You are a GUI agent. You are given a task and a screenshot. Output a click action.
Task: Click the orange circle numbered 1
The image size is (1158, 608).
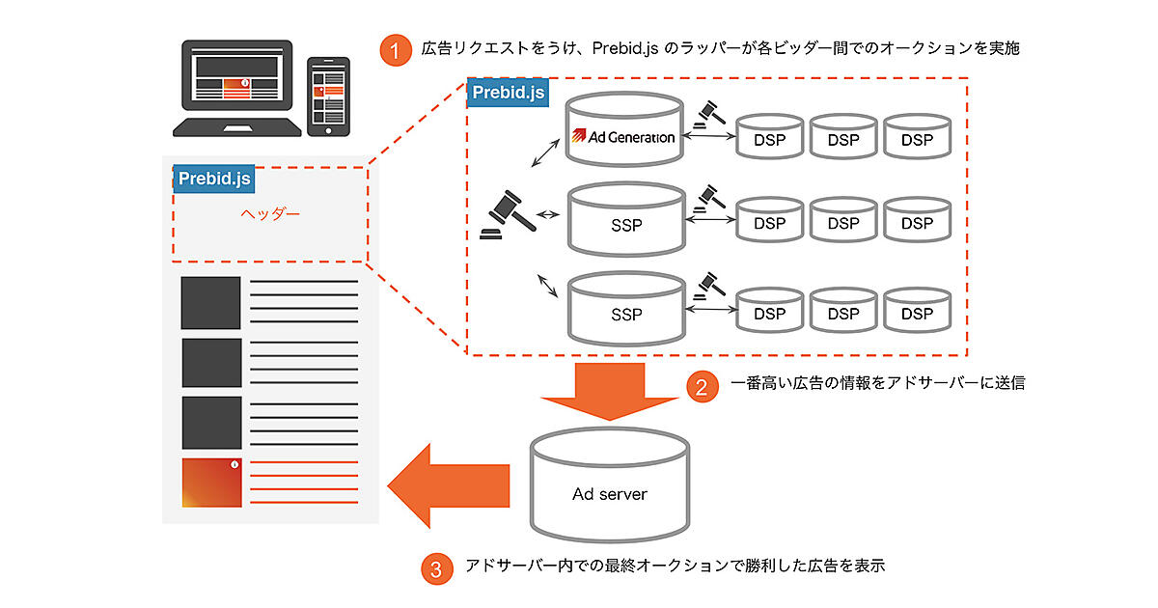[x=395, y=50]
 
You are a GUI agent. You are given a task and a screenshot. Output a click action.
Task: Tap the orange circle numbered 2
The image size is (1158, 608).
[x=702, y=385]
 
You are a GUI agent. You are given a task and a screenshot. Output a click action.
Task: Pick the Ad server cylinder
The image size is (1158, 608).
[x=610, y=488]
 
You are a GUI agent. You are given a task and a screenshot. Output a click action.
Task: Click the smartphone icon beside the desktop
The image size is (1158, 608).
[x=328, y=97]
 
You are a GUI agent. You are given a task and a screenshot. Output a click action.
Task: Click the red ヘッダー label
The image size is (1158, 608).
[x=269, y=213]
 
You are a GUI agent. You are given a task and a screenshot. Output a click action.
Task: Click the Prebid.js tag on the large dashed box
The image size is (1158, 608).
[x=506, y=93]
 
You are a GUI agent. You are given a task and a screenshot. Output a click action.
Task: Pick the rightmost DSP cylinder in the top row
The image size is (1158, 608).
[x=917, y=137]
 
